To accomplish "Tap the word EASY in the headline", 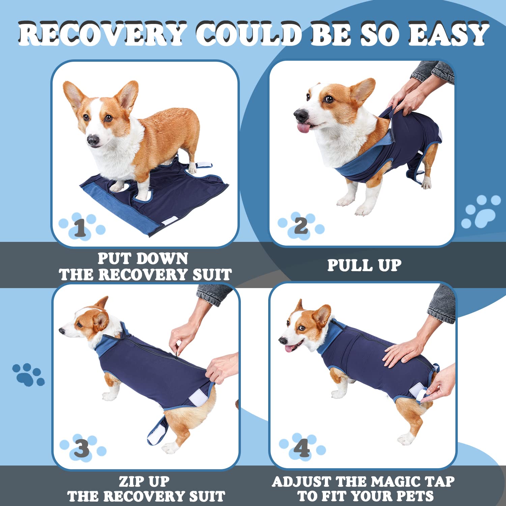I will pyautogui.click(x=448, y=34).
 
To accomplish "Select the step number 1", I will pyautogui.click(x=80, y=228).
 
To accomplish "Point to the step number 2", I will pyautogui.click(x=301, y=226).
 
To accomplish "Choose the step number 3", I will pyautogui.click(x=82, y=449).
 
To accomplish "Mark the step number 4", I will pyautogui.click(x=301, y=448).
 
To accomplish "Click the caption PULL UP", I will pyautogui.click(x=364, y=265).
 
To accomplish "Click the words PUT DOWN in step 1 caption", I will pyautogui.click(x=143, y=259).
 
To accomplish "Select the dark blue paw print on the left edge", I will pyautogui.click(x=29, y=374).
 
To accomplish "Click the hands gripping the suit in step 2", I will pyautogui.click(x=405, y=101).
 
